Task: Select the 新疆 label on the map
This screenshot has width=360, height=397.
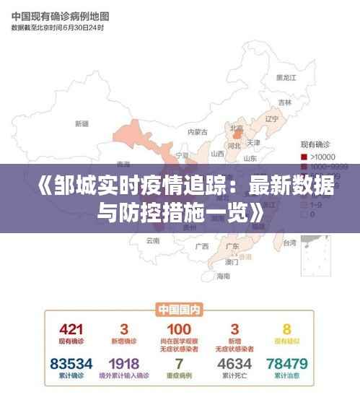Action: point(81,123)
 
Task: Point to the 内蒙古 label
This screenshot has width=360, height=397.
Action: point(197,132)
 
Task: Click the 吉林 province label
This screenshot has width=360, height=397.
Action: point(285,102)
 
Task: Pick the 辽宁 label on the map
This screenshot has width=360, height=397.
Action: point(271,118)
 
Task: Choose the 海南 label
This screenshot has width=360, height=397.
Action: point(224,276)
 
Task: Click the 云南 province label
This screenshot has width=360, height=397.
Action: point(153,240)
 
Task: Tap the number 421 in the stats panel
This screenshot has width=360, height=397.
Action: point(71,329)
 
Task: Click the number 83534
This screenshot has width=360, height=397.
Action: point(71,363)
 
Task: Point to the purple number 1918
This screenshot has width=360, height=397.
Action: point(125,363)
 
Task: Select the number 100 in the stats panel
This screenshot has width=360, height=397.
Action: point(179,329)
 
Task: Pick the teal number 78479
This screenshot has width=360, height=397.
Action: point(286,363)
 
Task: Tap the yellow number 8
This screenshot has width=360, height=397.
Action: point(286,329)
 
